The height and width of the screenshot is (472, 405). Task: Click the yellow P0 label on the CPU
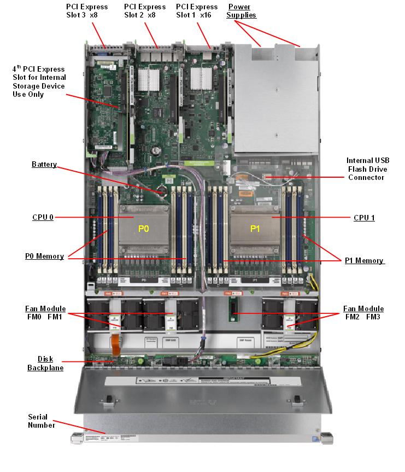click(143, 229)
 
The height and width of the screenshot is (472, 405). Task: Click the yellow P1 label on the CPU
click(255, 229)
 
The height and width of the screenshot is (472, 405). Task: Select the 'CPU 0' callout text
click(43, 217)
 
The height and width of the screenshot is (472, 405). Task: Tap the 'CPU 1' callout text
click(364, 217)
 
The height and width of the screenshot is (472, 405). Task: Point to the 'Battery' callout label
click(44, 165)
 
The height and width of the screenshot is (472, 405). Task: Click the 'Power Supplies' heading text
click(242, 11)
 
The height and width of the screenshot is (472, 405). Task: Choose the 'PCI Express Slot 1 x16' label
click(197, 11)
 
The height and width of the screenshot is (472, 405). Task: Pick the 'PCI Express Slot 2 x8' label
click(144, 11)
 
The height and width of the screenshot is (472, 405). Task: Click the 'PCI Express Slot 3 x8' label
click(87, 11)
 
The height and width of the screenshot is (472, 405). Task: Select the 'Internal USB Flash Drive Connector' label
click(366, 169)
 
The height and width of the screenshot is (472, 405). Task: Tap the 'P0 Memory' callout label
click(44, 256)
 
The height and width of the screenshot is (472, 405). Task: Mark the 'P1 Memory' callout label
click(364, 260)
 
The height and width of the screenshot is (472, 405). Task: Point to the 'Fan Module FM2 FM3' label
click(363, 312)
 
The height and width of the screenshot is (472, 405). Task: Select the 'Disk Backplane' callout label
click(45, 363)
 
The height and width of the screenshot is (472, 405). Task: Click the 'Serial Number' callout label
click(42, 421)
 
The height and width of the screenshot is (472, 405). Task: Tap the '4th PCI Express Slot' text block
click(39, 81)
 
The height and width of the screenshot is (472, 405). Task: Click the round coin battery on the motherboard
click(162, 191)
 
